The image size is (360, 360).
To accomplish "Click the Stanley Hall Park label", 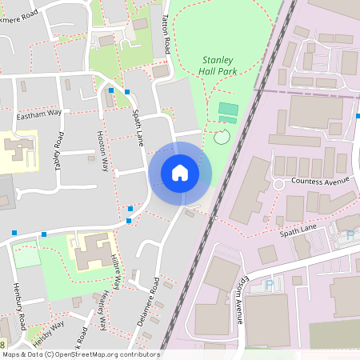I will [x=217, y=65].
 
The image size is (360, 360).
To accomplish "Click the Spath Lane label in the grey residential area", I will [x=138, y=127].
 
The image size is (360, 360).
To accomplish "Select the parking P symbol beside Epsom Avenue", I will [x=269, y=284].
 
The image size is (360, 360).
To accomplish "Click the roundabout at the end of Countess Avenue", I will [x=278, y=184].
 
